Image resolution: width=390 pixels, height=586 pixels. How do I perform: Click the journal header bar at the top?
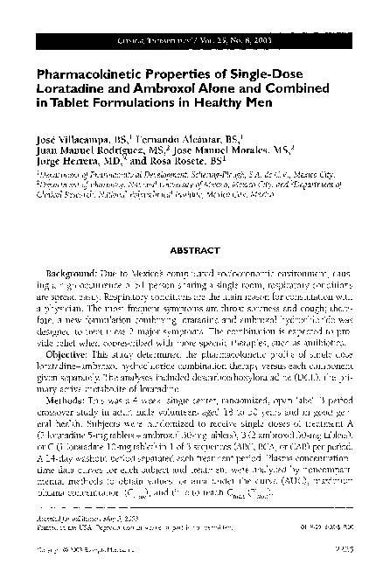194,41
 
